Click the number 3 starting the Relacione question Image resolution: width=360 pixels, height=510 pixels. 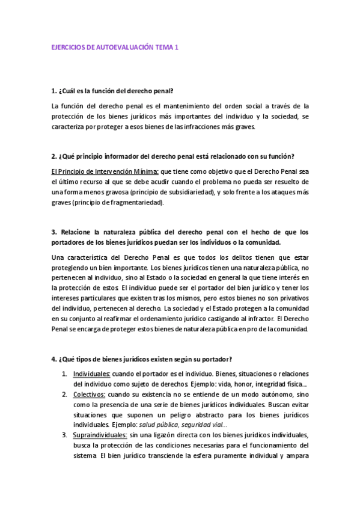point(53,232)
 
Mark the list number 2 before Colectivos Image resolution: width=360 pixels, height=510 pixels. point(65,395)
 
